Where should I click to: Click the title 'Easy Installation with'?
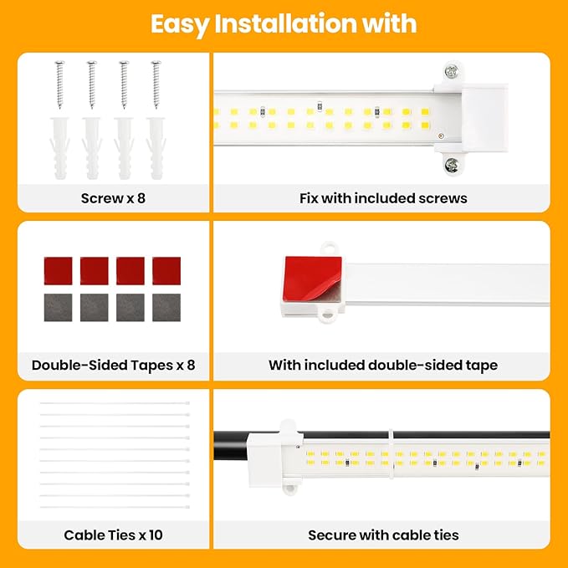coord(284,23)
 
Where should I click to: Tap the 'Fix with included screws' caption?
coord(383,198)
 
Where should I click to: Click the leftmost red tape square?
coord(57,270)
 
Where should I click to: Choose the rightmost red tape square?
coord(167,270)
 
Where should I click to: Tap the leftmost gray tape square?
coord(57,307)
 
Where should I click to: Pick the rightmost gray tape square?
coord(167,307)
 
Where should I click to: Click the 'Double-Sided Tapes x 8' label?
coord(113,365)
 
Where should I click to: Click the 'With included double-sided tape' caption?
coord(383,365)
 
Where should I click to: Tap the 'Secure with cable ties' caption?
coord(383,535)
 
